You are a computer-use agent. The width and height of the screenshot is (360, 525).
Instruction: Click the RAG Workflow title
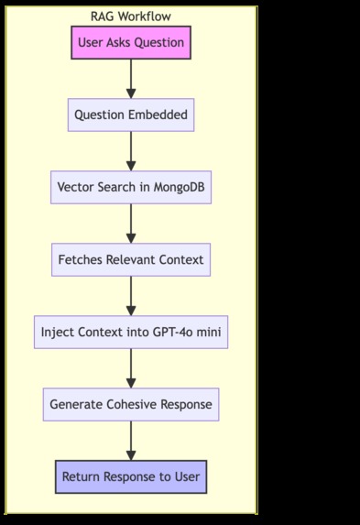click(x=131, y=16)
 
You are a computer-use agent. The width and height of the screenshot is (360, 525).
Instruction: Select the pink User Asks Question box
click(x=131, y=42)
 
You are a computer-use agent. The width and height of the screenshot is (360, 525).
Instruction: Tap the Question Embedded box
click(x=131, y=115)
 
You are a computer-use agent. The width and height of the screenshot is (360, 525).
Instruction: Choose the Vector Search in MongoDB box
click(x=131, y=187)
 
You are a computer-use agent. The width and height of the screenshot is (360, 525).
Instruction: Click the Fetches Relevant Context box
click(x=131, y=259)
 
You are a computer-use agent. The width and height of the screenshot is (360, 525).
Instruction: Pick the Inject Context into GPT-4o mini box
click(x=131, y=332)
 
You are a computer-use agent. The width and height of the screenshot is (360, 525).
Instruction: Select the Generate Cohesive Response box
click(x=131, y=404)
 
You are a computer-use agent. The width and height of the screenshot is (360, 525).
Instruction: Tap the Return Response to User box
click(x=131, y=476)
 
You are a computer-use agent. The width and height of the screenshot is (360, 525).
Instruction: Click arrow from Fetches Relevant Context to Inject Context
click(x=131, y=296)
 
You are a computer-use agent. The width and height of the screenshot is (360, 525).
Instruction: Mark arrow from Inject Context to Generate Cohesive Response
click(x=131, y=368)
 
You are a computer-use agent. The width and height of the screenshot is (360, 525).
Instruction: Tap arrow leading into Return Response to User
click(x=131, y=441)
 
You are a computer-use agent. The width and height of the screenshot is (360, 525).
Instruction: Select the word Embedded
click(x=158, y=115)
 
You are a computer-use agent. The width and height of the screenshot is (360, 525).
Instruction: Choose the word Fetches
click(x=82, y=259)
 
